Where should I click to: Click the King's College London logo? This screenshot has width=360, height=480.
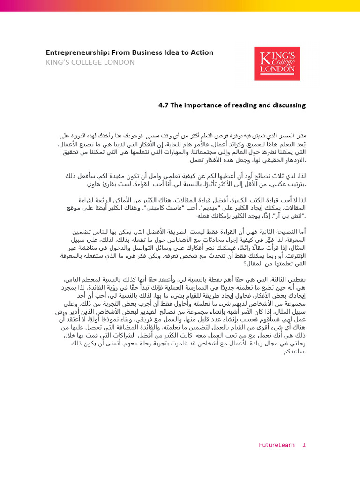(277, 63)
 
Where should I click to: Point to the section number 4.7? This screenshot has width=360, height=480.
(164, 105)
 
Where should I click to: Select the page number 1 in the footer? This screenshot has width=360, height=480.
(304, 445)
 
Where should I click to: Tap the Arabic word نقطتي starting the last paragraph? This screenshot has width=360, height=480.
(294, 280)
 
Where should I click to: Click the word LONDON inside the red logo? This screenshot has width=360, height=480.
(277, 69)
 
